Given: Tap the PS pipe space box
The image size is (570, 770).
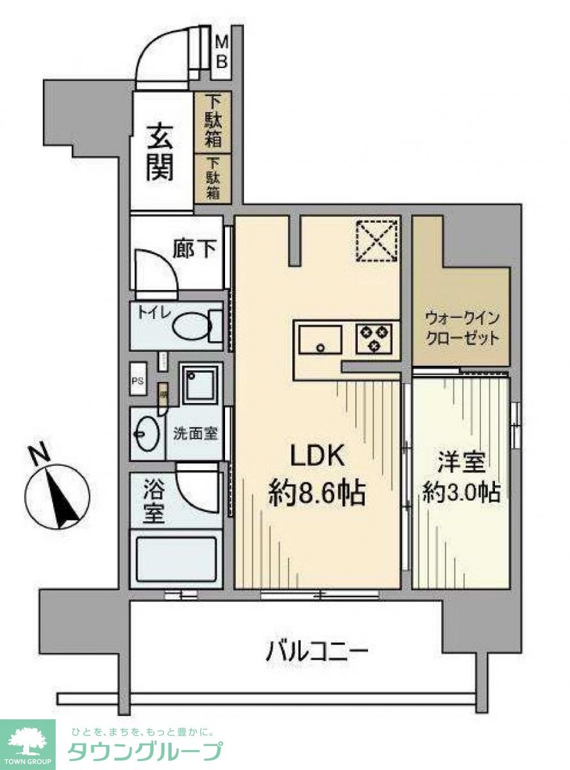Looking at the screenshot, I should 138,380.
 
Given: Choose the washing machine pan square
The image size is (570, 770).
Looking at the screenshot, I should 201,384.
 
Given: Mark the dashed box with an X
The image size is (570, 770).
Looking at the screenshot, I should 376,241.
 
